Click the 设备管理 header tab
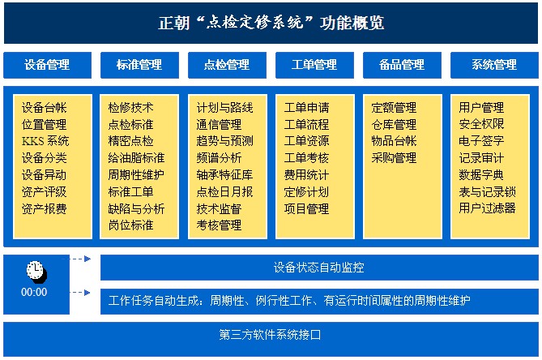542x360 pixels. (46, 65)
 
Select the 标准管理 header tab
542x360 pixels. (139, 65)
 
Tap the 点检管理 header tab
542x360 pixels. (227, 65)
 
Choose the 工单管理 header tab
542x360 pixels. (314, 65)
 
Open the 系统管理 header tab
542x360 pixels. (493, 65)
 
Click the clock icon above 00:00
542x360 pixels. (34, 270)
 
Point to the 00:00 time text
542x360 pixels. (34, 292)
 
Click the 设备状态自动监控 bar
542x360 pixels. (318, 267)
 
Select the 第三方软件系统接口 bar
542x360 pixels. (271, 334)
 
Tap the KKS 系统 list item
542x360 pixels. (45, 141)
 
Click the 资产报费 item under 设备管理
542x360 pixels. (45, 208)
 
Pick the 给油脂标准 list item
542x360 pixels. (136, 158)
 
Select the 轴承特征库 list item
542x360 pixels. (224, 174)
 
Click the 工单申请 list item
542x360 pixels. (306, 107)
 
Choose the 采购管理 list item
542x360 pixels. (394, 158)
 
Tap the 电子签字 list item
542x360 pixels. (481, 141)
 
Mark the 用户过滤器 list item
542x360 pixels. (487, 208)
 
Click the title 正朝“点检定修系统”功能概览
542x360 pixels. (271, 23)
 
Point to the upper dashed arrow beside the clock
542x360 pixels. (79, 259)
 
